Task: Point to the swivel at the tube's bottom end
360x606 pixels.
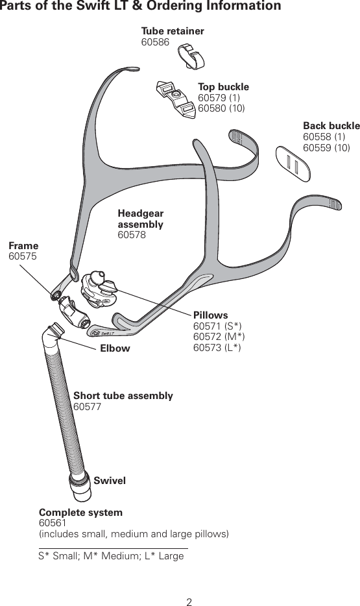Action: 82,487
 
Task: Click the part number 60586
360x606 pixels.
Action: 155,42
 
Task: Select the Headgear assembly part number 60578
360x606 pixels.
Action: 132,235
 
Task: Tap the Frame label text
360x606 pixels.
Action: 23,246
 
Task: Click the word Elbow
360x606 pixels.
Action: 115,348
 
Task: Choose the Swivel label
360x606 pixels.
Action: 109,481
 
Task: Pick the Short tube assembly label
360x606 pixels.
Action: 123,396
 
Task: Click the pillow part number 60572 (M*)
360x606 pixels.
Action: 219,337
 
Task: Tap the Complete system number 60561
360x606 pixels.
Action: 53,523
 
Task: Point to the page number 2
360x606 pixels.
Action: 189,601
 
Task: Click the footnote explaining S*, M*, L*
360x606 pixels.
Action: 111,556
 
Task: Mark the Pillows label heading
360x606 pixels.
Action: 211,315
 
